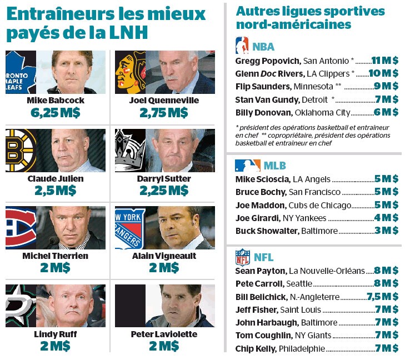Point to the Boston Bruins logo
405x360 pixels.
point(19,151)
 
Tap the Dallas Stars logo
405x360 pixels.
point(20,306)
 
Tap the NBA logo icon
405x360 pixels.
point(242,45)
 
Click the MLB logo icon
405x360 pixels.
point(247,165)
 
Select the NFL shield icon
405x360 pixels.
point(243,257)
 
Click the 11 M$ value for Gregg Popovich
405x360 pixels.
point(384,60)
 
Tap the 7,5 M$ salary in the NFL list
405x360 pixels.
point(382,297)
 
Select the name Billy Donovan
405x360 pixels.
point(260,112)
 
